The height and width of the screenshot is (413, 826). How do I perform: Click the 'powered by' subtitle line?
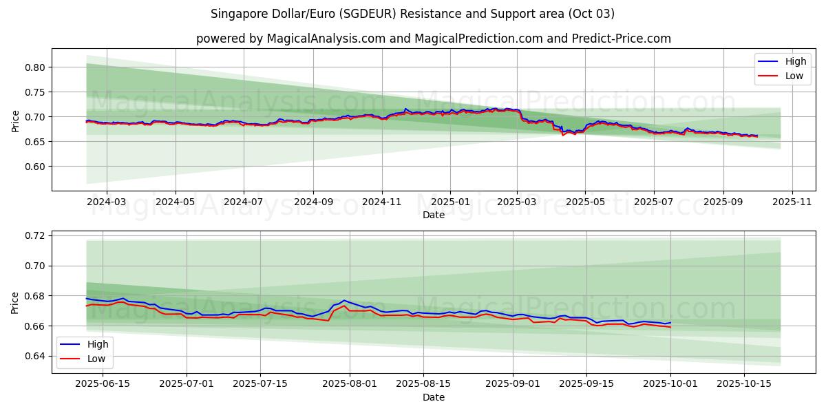point(433,39)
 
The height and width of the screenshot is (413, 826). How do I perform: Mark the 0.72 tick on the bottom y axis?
point(34,235)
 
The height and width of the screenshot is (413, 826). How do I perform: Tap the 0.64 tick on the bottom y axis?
point(34,356)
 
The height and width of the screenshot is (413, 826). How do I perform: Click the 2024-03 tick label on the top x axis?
point(107,202)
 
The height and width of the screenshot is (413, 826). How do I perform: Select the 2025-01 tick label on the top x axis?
point(450,202)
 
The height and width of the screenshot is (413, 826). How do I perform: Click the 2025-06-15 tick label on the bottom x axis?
point(103,384)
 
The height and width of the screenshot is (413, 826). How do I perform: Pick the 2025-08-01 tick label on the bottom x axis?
point(350,384)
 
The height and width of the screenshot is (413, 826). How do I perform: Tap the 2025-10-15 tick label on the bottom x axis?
point(744,384)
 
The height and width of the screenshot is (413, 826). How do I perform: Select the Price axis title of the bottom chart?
point(16,302)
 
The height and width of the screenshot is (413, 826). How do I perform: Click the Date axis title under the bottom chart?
point(433,397)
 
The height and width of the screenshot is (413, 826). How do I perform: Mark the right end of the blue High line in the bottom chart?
point(670,322)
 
